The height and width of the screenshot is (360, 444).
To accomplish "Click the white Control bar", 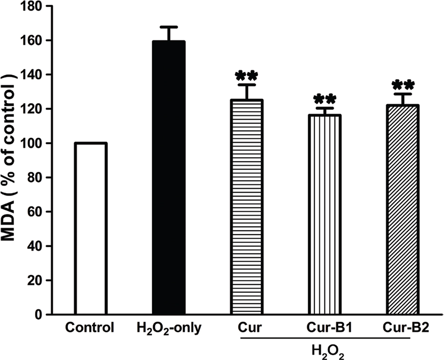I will (x=91, y=229).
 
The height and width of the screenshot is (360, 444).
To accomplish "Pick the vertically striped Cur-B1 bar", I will (x=325, y=215).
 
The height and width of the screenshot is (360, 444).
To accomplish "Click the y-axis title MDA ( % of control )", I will (x=11, y=161).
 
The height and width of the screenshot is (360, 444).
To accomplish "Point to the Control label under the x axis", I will (x=91, y=327).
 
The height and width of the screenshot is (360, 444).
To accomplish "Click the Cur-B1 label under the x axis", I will (x=325, y=327).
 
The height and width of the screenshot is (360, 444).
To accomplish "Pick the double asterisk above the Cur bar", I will (x=247, y=77).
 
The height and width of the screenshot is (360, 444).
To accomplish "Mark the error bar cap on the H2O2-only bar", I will (x=168, y=27).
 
